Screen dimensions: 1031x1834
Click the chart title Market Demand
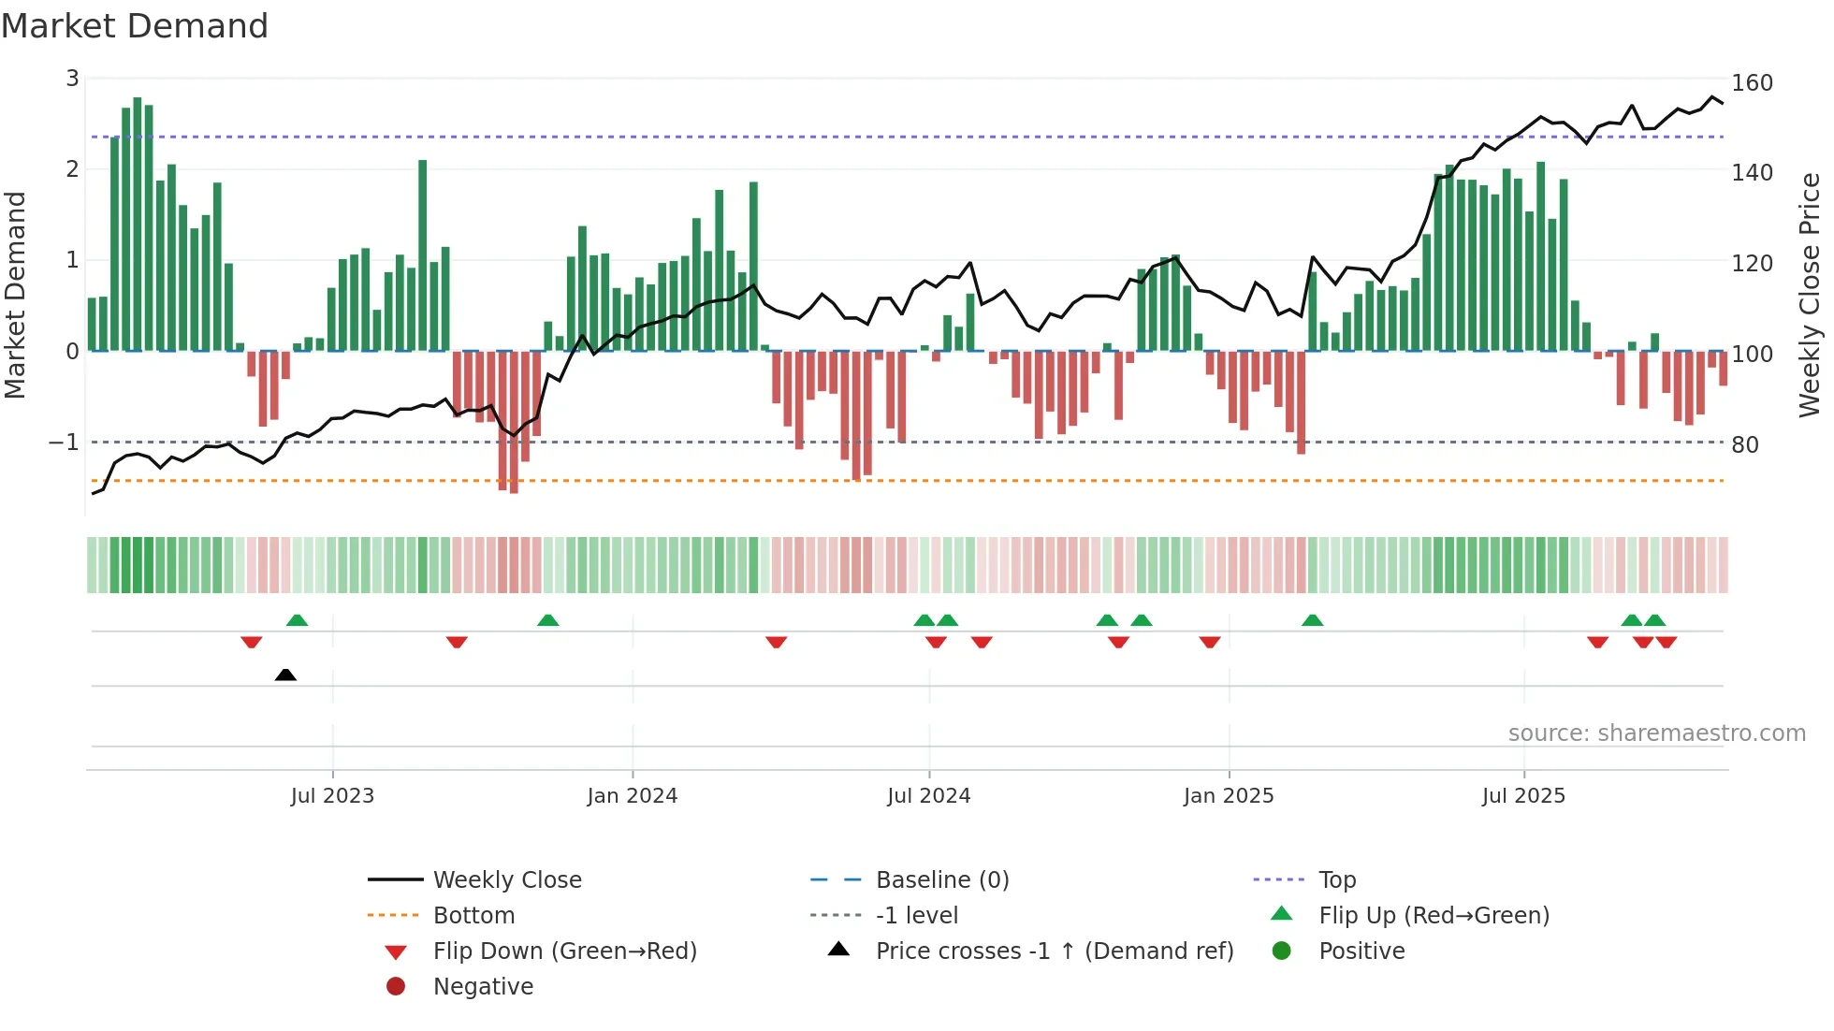[x=135, y=26]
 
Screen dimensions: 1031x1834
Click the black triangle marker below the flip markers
[x=285, y=675]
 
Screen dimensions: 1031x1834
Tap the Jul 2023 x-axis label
[x=332, y=796]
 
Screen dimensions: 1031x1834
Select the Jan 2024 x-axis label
[x=632, y=796]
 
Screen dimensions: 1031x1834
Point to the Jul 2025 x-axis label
[x=1523, y=796]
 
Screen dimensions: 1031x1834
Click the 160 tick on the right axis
[x=1752, y=83]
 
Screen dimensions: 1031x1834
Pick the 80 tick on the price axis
[x=1745, y=445]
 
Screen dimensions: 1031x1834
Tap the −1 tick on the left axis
[x=64, y=443]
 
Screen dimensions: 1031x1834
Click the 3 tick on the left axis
[x=72, y=79]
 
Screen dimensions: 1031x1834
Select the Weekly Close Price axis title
[x=1810, y=295]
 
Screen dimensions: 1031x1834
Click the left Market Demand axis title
[x=15, y=295]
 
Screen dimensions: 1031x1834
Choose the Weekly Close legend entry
[x=506, y=880]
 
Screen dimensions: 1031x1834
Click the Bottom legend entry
[x=473, y=916]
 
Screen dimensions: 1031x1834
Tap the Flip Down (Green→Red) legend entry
[x=564, y=951]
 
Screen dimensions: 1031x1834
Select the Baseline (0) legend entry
[x=941, y=880]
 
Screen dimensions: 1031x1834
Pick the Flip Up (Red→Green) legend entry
[x=1434, y=916]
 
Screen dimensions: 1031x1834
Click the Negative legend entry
[x=483, y=987]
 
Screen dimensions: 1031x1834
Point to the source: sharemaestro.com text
[x=1656, y=733]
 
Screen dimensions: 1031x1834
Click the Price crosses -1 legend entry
[x=1054, y=951]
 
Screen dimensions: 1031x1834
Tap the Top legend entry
[x=1336, y=880]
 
